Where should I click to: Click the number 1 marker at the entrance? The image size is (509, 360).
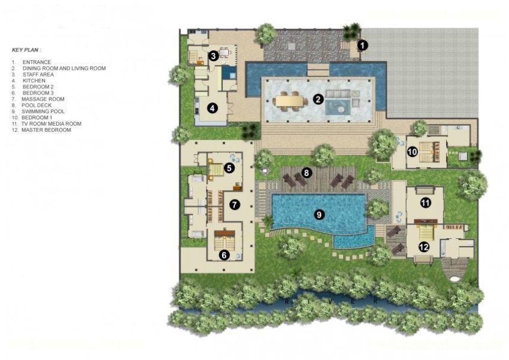coord(363,44)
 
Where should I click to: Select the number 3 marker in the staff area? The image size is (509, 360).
coord(213,56)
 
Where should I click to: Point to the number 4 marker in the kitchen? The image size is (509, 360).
coord(212,108)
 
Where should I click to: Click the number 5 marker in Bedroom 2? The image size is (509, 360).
coord(229,168)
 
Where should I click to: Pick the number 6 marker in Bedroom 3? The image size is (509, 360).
coord(224,255)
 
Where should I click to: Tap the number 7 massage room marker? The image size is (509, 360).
coord(234,204)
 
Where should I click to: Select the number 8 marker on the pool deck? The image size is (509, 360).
coord(307,173)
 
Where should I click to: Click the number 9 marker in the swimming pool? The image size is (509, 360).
coord(319,213)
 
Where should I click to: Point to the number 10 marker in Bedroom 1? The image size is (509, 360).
coord(412,152)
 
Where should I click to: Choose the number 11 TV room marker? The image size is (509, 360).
coord(425,203)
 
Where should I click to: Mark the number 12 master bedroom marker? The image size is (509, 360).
coord(423,246)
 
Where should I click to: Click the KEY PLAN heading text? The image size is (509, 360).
coord(26,50)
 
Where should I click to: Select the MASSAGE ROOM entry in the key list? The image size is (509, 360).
coord(43,99)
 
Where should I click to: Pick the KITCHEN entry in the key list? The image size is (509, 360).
coord(34,80)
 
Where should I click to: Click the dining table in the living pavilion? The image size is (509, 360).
coord(290,100)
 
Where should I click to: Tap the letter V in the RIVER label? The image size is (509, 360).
coord(331,301)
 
